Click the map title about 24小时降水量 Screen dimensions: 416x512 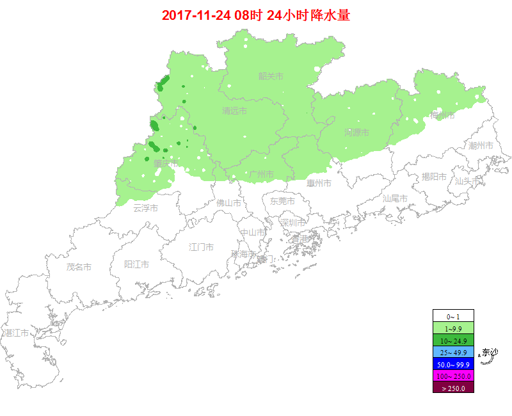256,15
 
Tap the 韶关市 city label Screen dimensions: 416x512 271,76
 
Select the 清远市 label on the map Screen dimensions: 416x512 235,111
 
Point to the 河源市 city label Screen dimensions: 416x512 356,132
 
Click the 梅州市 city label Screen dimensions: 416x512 442,115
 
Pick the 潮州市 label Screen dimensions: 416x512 481,146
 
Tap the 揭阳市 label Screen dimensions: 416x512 434,177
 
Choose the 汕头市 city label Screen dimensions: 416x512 467,181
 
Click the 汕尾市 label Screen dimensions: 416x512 395,198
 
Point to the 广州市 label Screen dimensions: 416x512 261,174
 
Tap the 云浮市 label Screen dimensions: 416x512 145,208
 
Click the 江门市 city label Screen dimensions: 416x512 202,247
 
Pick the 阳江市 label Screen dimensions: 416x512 136,264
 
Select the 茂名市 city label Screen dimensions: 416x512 79,267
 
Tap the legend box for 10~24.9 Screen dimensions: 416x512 453,340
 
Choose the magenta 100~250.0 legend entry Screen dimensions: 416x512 453,376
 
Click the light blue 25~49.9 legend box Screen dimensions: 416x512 453,352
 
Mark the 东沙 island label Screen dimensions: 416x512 490,352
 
